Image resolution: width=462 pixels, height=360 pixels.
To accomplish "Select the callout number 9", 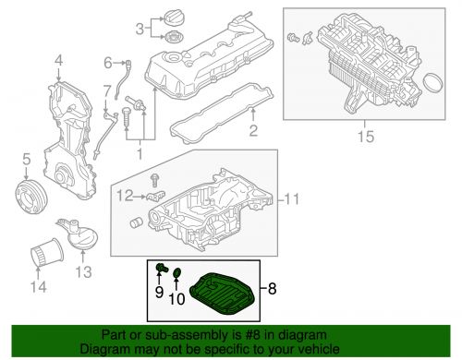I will pos(159,294).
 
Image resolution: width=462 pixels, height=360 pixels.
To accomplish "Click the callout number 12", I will pos(120,196).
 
